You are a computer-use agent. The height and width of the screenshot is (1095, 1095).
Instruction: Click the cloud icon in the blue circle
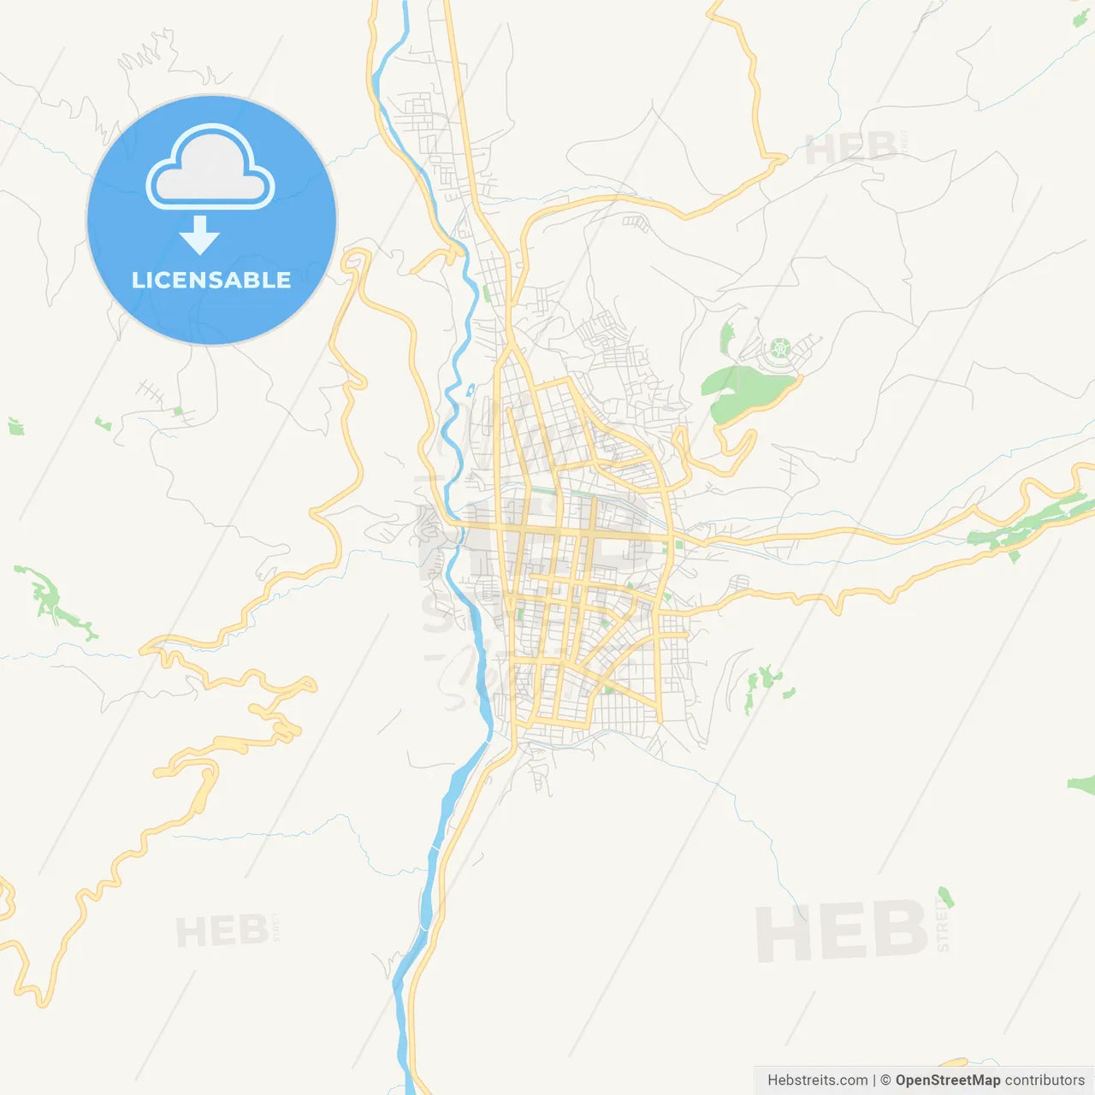210,168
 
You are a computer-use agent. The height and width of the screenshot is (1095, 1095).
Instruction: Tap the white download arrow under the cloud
200,235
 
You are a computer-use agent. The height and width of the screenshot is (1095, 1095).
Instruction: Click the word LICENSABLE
211,280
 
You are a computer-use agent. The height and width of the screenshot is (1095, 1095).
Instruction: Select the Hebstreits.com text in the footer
817,1080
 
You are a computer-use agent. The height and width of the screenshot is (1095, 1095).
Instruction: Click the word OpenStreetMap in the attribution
947,1080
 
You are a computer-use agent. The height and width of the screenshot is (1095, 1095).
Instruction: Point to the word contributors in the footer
1045,1080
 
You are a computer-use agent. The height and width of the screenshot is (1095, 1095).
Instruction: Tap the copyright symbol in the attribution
885,1080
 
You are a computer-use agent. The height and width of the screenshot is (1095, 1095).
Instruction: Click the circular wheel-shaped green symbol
779,348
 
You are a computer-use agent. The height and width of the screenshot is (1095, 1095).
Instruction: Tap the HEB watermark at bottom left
222,931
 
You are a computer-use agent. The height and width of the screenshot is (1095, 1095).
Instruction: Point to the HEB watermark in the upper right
851,149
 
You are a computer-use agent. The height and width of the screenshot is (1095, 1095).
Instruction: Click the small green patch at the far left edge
15,426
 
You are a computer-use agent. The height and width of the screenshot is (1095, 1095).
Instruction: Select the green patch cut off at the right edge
1083,783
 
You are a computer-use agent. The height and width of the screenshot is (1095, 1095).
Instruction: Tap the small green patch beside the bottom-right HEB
945,897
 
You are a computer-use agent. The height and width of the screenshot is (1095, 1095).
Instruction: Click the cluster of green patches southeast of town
766,684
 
